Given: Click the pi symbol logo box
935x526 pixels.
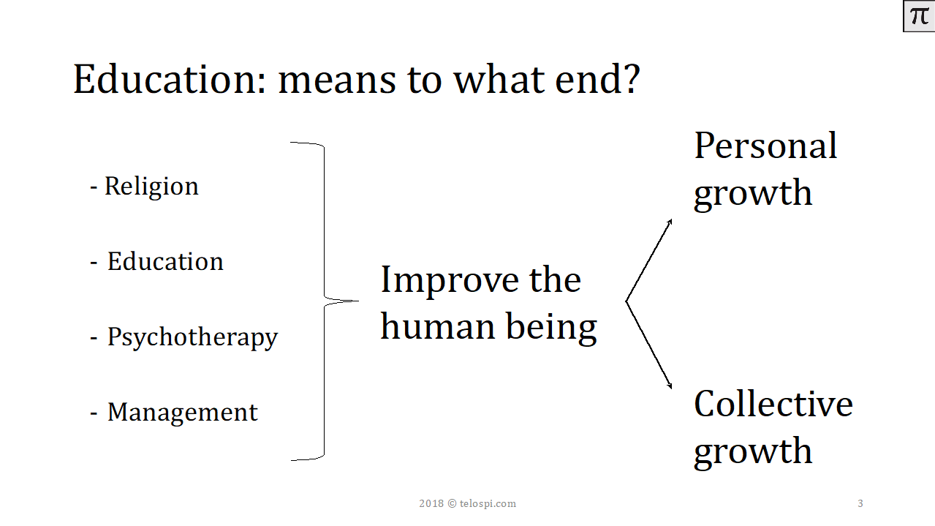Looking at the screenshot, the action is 919,16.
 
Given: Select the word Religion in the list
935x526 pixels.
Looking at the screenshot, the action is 151,187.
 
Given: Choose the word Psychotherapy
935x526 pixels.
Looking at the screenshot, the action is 192,337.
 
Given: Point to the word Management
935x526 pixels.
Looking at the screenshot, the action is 183,413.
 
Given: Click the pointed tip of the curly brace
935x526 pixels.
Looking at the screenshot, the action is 358,301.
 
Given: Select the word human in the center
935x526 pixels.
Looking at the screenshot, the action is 437,326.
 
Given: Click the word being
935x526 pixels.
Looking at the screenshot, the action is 551,328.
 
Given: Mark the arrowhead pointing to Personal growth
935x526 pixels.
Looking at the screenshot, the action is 670,222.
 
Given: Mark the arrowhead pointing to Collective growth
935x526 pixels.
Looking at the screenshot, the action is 670,386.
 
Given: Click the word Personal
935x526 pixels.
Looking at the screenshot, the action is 765,146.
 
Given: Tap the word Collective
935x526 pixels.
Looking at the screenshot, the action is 773,404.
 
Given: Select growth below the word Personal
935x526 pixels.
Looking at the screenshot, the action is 753,194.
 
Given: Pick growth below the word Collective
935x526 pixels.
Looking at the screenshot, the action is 753,452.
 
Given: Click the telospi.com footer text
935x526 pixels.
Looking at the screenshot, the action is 488,503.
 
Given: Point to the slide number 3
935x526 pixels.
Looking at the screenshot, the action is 860,503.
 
